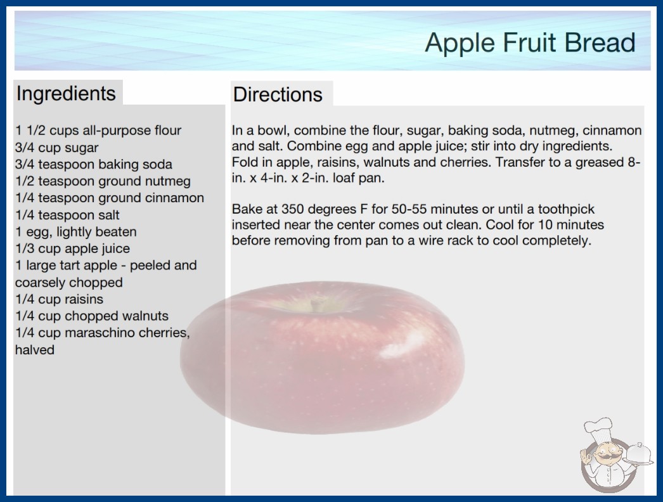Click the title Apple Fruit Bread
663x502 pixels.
point(531,43)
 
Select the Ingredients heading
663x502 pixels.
point(66,93)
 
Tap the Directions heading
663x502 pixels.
point(278,94)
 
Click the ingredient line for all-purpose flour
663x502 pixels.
point(98,131)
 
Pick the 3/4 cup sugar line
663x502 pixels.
point(56,148)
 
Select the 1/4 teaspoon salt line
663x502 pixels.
point(67,215)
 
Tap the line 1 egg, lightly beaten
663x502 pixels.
point(75,232)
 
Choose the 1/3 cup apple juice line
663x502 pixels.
point(72,248)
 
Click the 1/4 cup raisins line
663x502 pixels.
point(59,299)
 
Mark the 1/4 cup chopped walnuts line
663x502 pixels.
point(92,316)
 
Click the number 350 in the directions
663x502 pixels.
point(293,209)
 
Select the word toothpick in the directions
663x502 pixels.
point(566,209)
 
